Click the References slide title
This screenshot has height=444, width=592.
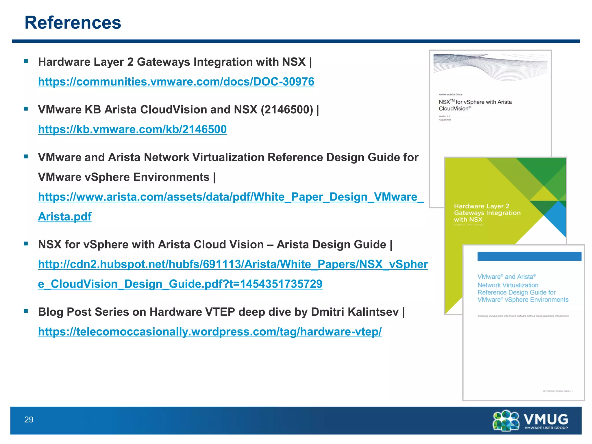point(73,23)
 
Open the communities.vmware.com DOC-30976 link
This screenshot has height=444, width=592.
point(176,82)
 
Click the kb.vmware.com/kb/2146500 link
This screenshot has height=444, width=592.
point(132,129)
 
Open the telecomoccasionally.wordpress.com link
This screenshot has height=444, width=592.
point(210,332)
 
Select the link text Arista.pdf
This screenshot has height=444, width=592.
point(65,217)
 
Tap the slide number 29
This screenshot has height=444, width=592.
point(29,419)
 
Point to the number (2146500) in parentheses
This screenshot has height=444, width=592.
point(287,110)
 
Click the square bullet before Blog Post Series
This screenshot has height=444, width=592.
point(26,311)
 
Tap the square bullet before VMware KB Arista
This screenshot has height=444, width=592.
point(26,109)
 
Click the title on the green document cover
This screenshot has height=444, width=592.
point(487,213)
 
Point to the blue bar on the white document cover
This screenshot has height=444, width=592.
point(529,256)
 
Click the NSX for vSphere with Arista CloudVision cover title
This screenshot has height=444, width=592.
point(475,105)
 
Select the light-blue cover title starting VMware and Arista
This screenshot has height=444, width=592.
point(523,288)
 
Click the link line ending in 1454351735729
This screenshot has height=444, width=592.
point(180,284)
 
